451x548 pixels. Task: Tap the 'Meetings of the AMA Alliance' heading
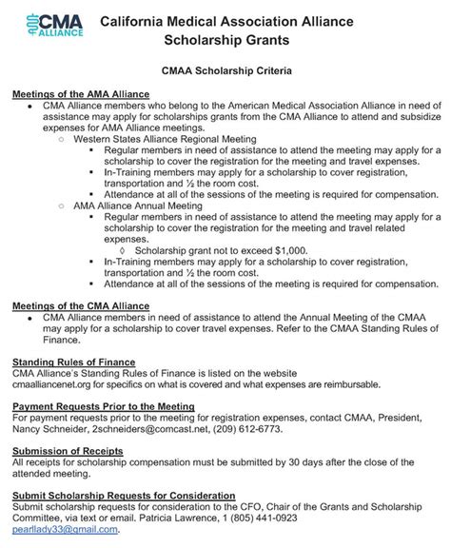(81, 94)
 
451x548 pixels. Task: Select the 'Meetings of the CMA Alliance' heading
(81, 305)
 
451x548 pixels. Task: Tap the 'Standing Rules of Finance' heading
(73, 362)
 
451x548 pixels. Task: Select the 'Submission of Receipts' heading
(67, 450)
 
